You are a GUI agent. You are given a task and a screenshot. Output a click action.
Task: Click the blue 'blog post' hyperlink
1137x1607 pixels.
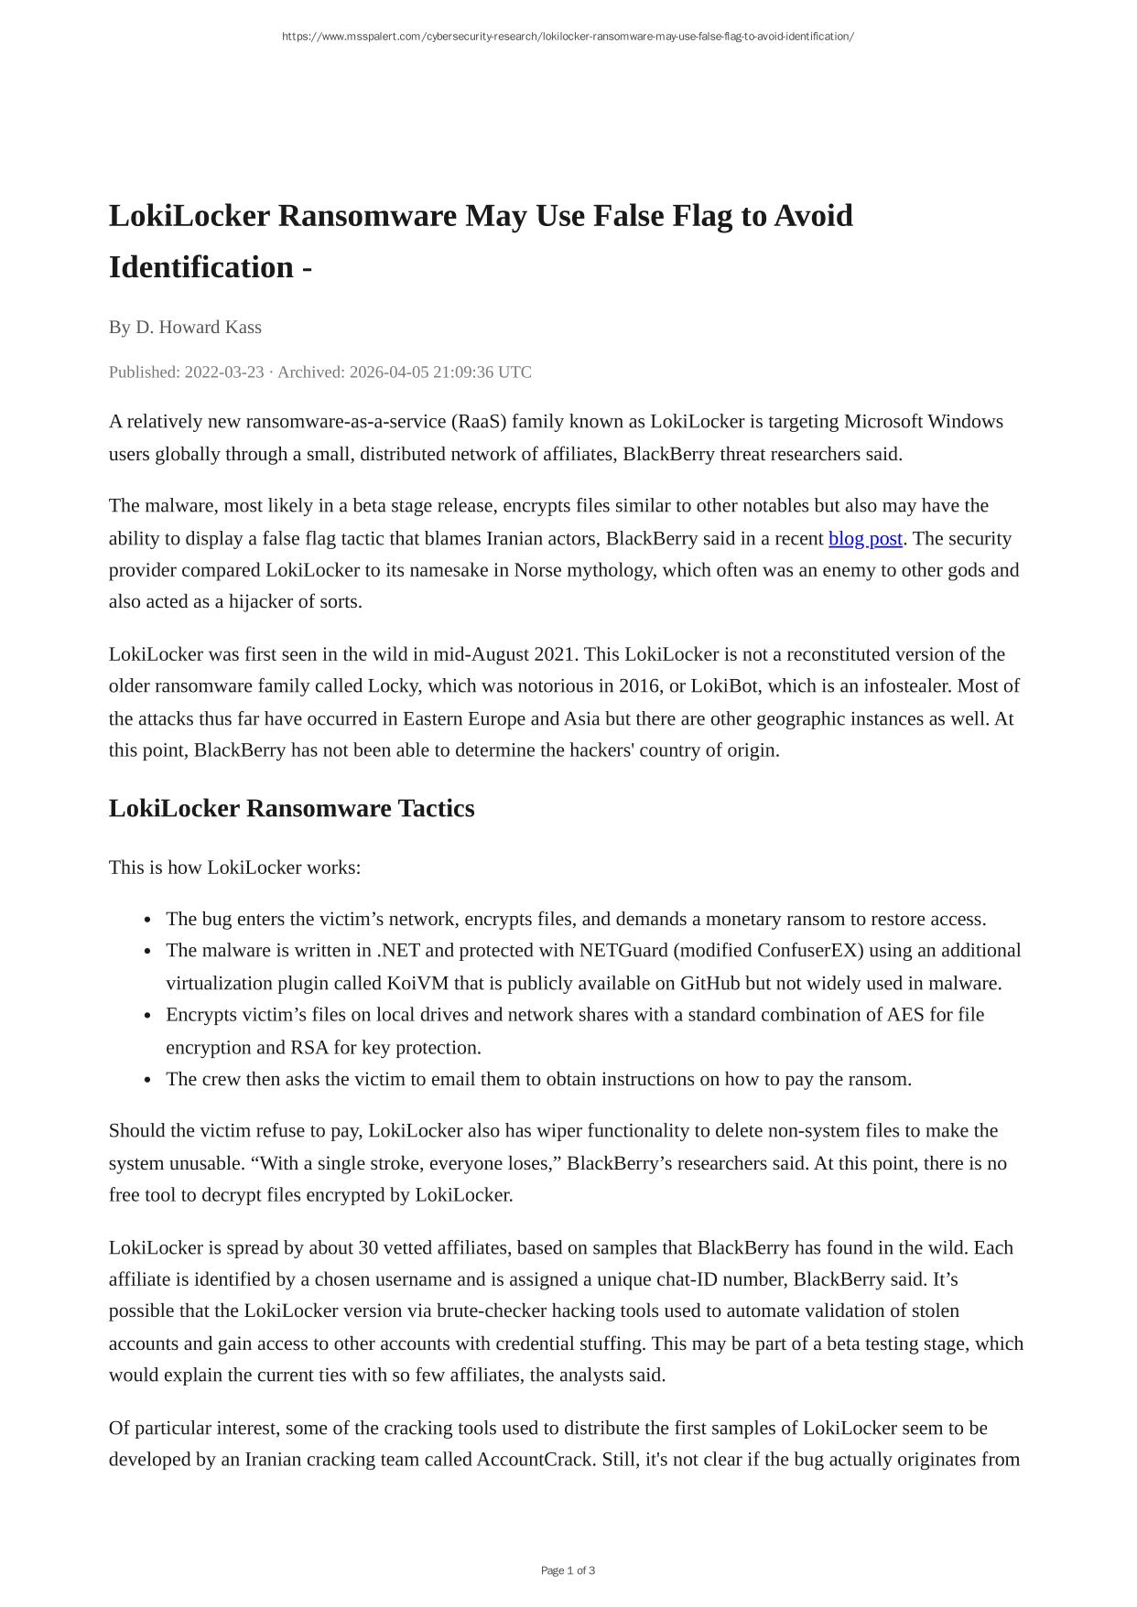865,538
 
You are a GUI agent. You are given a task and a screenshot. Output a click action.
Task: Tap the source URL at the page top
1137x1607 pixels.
568,37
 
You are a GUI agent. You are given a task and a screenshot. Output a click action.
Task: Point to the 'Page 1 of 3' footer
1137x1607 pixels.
568,1570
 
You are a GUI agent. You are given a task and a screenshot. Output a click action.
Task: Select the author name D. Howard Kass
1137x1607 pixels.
199,327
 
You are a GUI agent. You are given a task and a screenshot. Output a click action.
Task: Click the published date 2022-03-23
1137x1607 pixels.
224,372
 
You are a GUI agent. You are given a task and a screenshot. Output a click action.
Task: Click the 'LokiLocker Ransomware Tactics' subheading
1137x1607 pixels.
291,808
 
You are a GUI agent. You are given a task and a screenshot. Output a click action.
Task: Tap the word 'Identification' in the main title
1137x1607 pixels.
201,267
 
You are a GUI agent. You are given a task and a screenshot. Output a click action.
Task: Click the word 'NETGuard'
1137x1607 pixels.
623,950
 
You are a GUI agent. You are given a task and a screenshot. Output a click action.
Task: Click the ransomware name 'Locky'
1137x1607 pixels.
393,685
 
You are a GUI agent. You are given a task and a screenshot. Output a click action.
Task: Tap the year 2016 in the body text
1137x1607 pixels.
638,685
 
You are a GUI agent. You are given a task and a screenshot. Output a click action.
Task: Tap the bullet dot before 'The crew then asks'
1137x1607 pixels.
147,1080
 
